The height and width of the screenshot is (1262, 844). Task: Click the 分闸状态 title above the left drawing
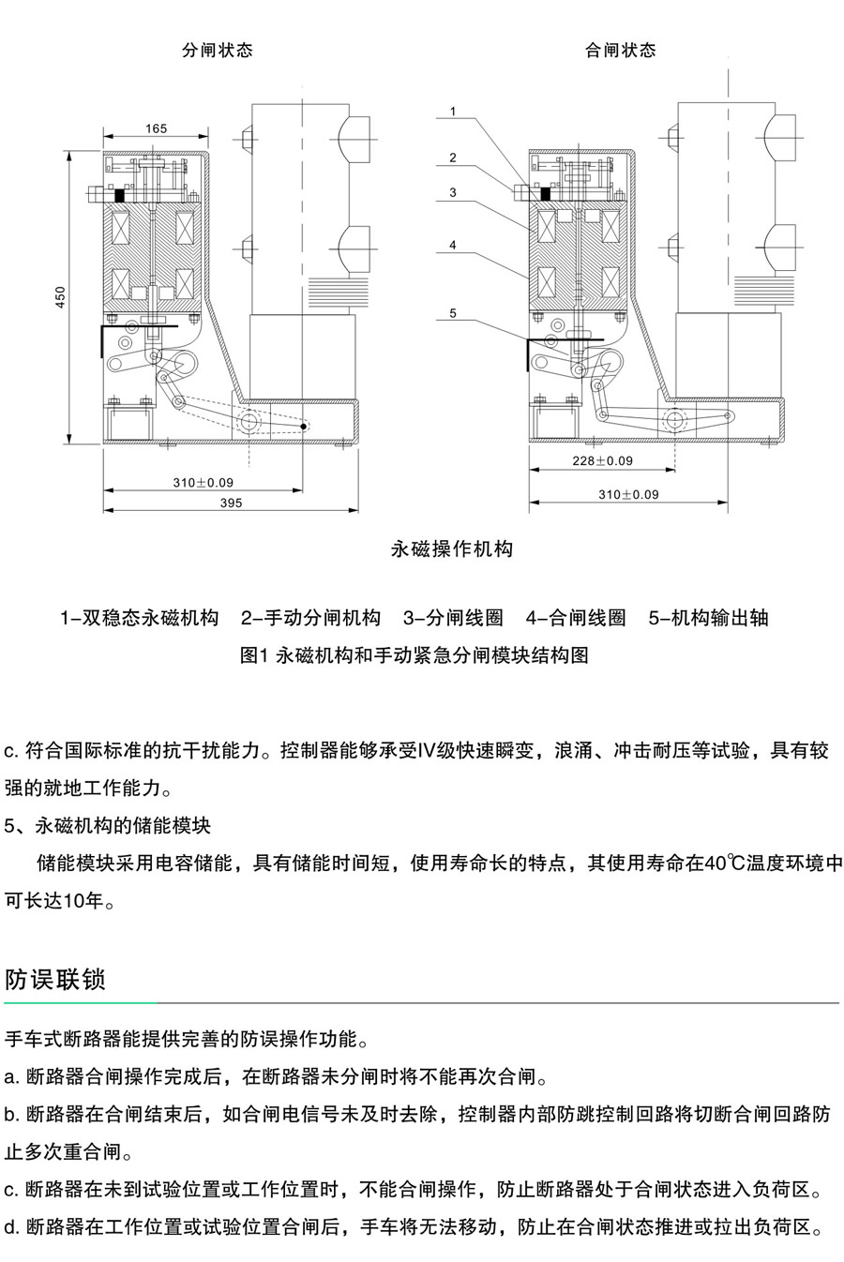pos(217,50)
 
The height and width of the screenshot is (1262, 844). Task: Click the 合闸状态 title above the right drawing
pos(620,50)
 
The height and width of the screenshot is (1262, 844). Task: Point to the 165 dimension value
pos(156,128)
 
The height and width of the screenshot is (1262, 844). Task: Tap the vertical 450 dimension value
pos(60,297)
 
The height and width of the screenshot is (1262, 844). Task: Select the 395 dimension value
pos(231,503)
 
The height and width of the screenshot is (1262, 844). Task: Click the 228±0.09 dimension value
pos(602,461)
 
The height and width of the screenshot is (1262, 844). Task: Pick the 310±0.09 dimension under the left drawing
pos(203,483)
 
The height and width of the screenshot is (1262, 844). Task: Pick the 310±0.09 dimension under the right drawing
pos(628,495)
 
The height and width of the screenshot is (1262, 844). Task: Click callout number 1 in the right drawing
pos(453,112)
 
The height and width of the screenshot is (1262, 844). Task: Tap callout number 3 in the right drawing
pos(453,193)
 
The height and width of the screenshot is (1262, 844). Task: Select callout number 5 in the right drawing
pos(453,313)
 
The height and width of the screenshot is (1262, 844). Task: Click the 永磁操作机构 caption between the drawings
pos(452,549)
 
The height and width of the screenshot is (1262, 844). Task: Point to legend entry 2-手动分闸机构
pos(310,618)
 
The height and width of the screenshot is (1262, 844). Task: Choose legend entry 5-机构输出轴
pos(708,618)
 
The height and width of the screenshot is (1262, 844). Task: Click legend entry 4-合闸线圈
pos(576,618)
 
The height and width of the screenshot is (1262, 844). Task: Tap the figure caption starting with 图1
pos(414,655)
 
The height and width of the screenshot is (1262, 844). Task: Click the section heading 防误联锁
pos(54,980)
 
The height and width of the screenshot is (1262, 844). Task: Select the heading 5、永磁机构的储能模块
pos(107,826)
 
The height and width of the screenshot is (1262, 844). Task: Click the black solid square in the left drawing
pos(119,196)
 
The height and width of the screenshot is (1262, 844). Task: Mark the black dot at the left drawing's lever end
pos(304,427)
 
